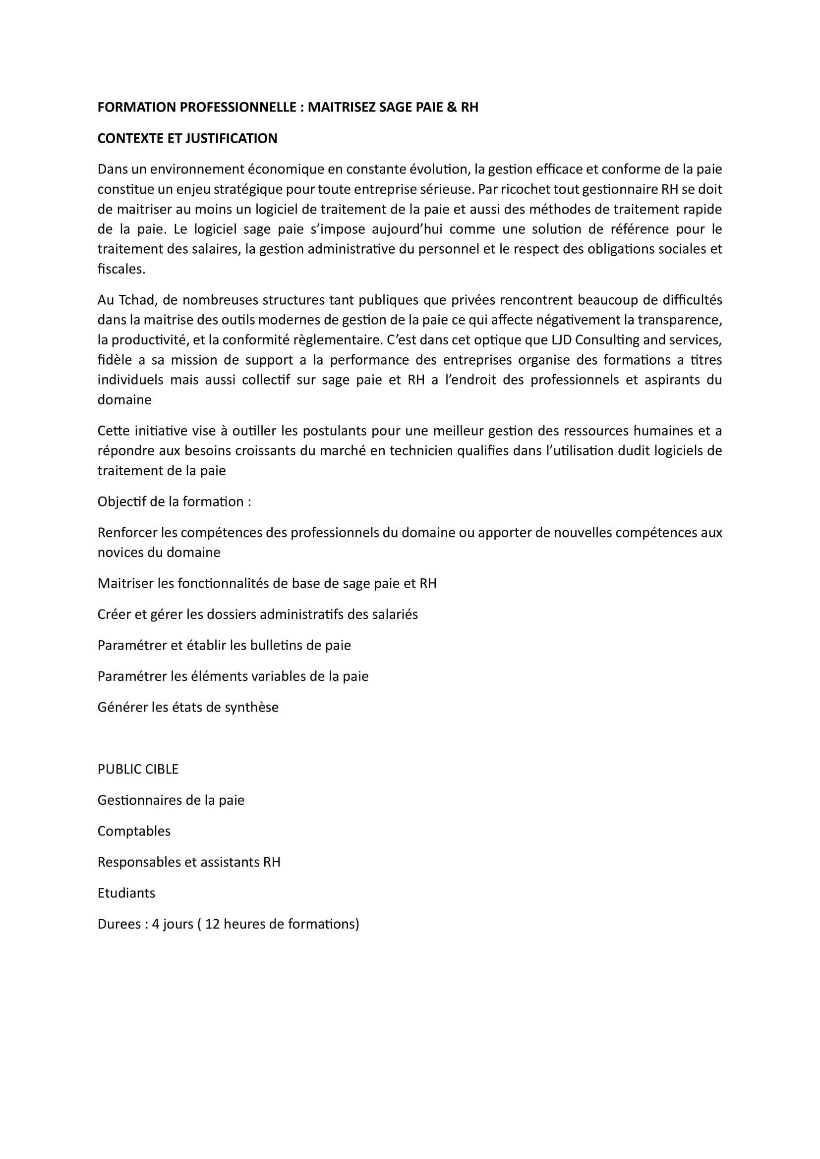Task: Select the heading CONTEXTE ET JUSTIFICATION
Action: [x=187, y=139]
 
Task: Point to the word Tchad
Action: [x=138, y=300]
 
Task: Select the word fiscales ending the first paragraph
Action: [x=120, y=269]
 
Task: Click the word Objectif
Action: [x=121, y=502]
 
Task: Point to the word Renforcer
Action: [x=127, y=533]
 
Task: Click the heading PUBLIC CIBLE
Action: [x=138, y=770]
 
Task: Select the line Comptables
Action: [x=134, y=831]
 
